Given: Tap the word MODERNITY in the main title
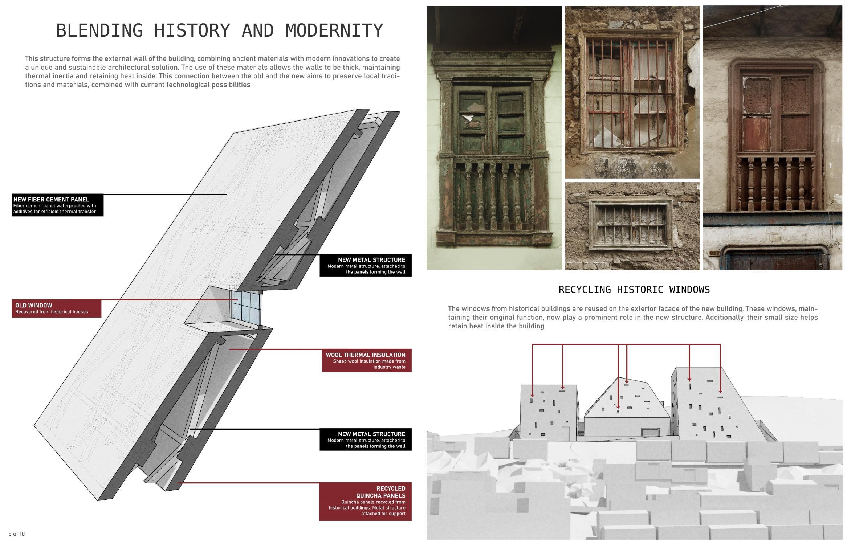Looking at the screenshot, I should pos(334,30).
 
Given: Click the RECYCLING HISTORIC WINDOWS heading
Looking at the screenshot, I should pos(634,290).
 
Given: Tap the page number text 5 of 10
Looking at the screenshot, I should pos(17,533).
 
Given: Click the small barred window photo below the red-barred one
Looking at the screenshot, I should pos(632,226).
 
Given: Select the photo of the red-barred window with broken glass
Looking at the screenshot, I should pos(632,93).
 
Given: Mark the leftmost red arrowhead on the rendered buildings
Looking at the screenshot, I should pos(532,395).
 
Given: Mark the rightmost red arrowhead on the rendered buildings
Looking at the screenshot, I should pos(720,391).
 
